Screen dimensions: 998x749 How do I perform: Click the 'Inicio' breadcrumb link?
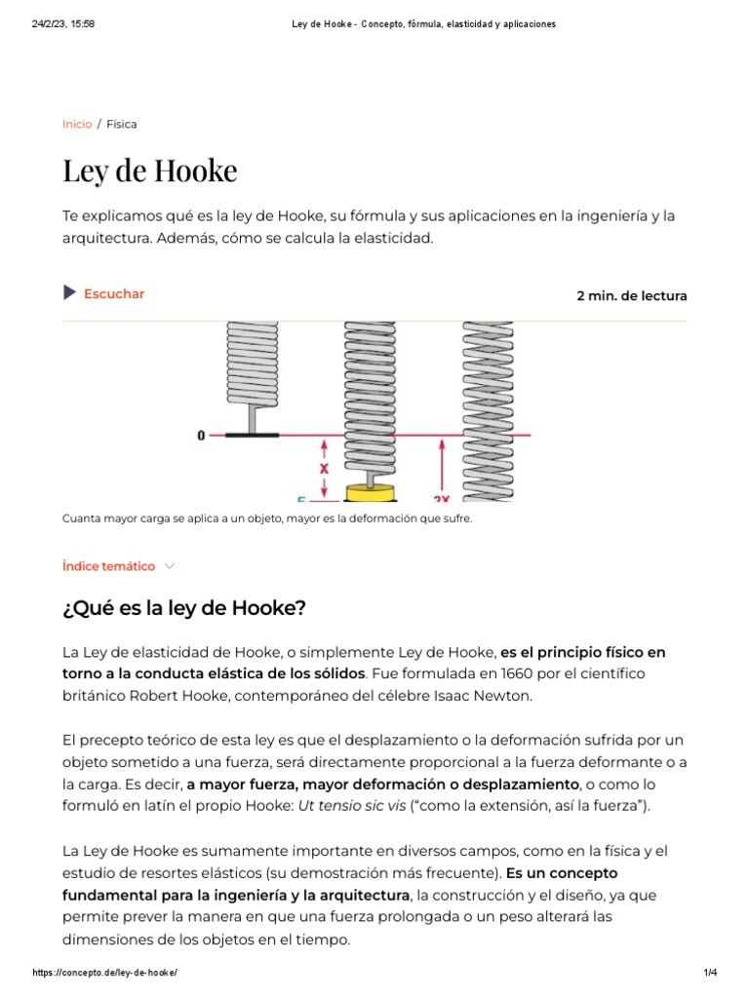[x=77, y=124]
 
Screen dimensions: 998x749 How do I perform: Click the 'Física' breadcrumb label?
[x=122, y=124]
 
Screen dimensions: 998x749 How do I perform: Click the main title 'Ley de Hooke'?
[x=149, y=171]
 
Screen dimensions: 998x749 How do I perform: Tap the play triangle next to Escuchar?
[x=69, y=293]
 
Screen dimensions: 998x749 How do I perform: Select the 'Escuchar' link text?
[x=114, y=293]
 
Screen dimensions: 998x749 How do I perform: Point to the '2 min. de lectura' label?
[x=631, y=295]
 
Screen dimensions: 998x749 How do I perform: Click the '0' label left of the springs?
[x=202, y=436]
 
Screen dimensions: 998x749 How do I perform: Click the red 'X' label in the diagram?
[x=324, y=467]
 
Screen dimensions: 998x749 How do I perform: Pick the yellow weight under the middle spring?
[x=370, y=490]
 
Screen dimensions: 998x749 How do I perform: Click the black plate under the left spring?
[x=252, y=435]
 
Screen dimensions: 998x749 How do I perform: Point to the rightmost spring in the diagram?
[x=488, y=409]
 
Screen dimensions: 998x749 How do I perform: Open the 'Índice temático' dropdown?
[x=108, y=565]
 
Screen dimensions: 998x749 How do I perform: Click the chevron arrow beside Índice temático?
[x=170, y=565]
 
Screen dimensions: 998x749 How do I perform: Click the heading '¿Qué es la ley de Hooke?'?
[x=184, y=608]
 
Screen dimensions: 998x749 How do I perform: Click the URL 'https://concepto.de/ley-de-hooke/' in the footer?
[x=104, y=974]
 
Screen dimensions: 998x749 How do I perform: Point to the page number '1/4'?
[x=709, y=974]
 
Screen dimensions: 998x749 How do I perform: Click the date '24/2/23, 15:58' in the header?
[x=63, y=24]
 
